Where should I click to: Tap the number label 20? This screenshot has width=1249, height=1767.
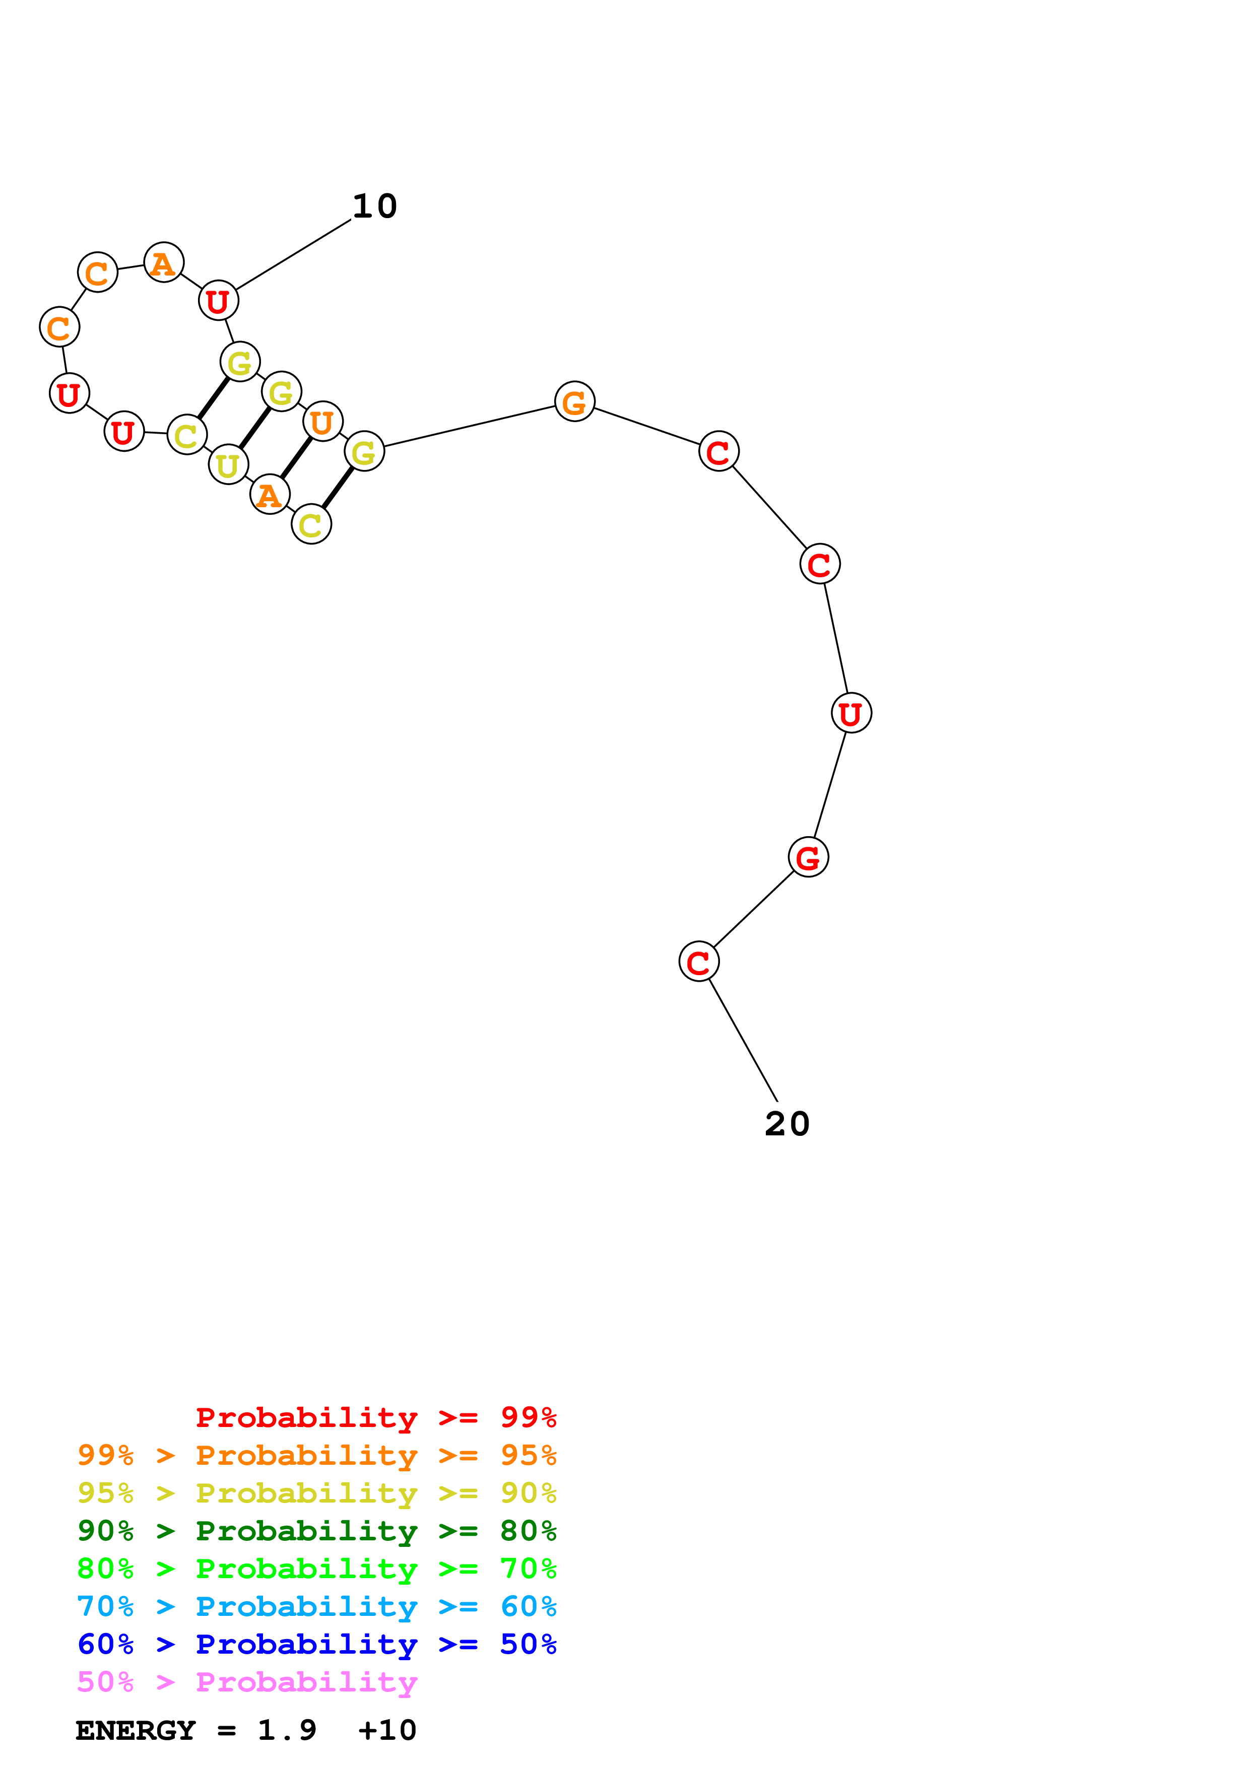(x=786, y=1124)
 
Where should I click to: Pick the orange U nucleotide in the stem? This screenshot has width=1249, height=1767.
(x=322, y=422)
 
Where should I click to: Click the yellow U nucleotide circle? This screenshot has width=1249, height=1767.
(x=228, y=465)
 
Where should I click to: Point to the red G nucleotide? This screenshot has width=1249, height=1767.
(x=808, y=857)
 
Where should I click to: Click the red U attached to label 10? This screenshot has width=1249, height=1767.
(x=219, y=301)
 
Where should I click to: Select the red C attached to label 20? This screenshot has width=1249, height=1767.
(x=698, y=962)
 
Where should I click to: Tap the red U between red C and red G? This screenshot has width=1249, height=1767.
(x=851, y=713)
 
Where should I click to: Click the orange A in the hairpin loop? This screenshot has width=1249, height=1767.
(x=164, y=263)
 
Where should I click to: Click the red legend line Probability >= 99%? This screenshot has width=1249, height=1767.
(x=375, y=1417)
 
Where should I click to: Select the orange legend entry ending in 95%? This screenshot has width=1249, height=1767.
(x=316, y=1455)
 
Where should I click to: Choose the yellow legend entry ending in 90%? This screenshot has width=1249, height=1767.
(x=316, y=1493)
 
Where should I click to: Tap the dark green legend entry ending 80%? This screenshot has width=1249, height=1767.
(x=316, y=1531)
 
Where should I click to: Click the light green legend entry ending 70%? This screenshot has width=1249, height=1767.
(x=316, y=1569)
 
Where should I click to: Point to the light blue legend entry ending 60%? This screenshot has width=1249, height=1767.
(x=316, y=1606)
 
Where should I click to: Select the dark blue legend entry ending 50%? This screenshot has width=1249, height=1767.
(x=316, y=1644)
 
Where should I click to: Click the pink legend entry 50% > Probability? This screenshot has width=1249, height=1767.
(x=247, y=1681)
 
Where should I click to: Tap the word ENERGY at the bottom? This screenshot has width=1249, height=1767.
(x=136, y=1730)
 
